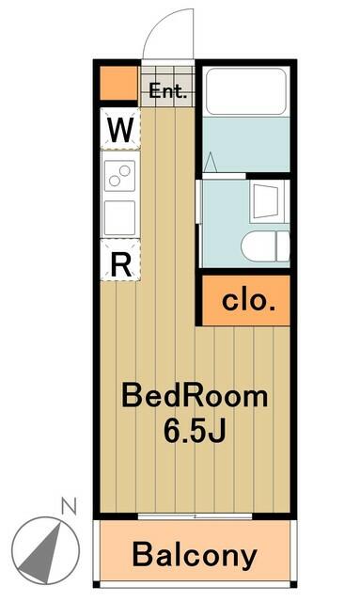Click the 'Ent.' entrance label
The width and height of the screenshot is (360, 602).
[x=167, y=91]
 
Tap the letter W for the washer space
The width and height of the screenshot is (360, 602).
[x=120, y=130]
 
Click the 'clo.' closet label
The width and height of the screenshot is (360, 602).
[x=248, y=301]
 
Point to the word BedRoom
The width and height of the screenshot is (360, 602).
[x=195, y=396]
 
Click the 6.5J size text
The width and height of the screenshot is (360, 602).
[x=194, y=430]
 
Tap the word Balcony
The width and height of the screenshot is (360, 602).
[x=195, y=555]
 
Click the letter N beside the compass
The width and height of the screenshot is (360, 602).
[x=69, y=506]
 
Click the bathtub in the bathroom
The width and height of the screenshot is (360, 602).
[x=246, y=91]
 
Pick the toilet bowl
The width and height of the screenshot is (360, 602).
[x=266, y=246]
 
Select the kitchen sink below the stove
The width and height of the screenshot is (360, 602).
[x=119, y=217]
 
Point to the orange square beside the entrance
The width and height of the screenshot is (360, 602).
[x=118, y=84]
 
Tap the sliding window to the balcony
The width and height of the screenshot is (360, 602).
[x=195, y=516]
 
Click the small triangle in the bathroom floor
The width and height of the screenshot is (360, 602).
[x=210, y=163]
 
